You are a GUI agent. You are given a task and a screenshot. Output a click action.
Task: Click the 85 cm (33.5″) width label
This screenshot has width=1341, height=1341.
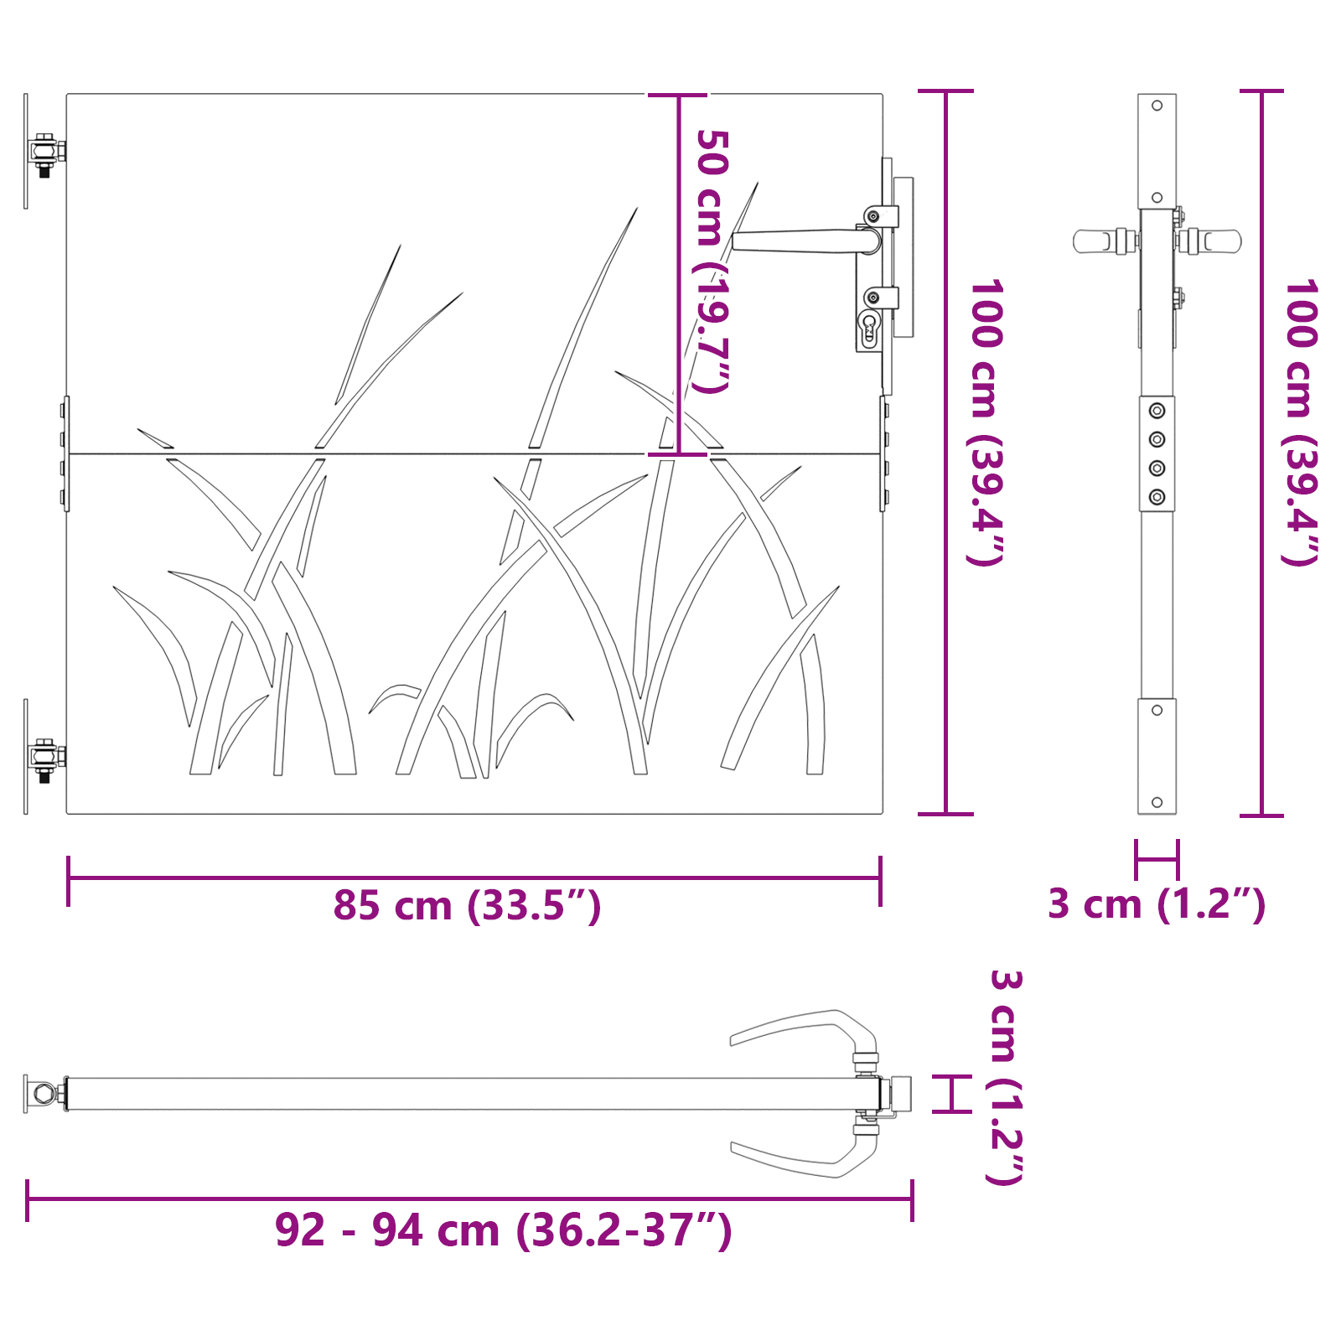[467, 906]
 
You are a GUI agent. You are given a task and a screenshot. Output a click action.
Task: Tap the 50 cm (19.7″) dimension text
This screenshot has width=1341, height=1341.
[712, 261]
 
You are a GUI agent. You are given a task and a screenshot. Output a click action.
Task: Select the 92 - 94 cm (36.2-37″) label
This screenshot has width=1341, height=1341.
[503, 1230]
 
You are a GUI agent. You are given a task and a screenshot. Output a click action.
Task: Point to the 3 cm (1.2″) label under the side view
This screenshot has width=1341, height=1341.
[1156, 904]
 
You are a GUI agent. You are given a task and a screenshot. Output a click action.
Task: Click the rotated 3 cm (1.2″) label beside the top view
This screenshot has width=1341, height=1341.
[1005, 1078]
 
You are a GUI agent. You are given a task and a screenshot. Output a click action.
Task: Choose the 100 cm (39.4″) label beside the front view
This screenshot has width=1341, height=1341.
[986, 422]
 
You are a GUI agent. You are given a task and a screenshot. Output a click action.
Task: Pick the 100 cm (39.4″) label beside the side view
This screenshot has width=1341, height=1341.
[1300, 422]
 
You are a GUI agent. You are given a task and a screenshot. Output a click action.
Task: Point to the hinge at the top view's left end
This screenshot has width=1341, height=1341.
[44, 1094]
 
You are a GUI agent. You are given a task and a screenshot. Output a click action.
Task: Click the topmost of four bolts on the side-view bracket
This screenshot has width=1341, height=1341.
[1157, 411]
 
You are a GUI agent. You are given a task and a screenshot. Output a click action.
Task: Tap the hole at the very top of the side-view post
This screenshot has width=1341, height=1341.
[1157, 106]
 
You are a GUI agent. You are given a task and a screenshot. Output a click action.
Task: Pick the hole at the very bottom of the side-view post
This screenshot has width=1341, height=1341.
[1157, 802]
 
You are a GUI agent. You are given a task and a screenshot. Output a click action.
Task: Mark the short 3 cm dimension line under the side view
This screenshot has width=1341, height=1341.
[1157, 858]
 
